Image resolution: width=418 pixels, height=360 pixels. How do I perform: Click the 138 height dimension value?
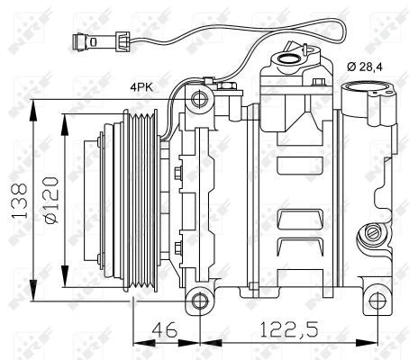point(20,200)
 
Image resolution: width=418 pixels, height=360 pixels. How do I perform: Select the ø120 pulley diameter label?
point(50,200)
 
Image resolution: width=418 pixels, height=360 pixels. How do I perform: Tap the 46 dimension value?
point(165,329)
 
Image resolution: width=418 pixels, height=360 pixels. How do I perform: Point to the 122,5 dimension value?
point(288,329)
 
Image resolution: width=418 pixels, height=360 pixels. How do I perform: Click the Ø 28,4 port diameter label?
point(365,67)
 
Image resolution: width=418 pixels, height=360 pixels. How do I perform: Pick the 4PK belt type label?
point(141,87)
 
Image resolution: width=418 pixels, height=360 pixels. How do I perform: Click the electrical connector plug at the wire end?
point(101,42)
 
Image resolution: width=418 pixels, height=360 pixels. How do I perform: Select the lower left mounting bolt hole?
point(200,301)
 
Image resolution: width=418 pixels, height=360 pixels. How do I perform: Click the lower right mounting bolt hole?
point(377,301)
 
